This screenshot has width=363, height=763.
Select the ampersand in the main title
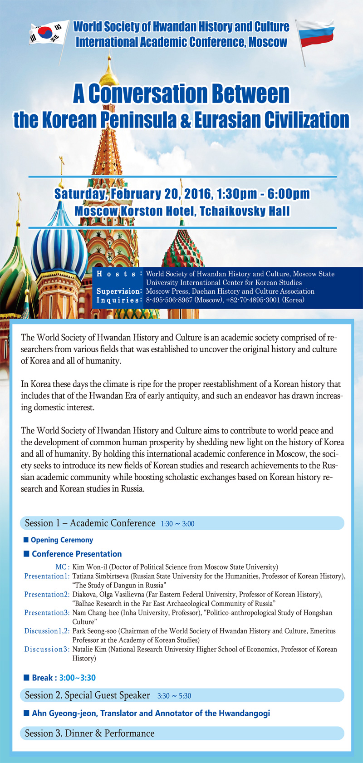click(187, 120)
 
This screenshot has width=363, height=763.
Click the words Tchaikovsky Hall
click(245, 211)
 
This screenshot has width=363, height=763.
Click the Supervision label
click(119, 291)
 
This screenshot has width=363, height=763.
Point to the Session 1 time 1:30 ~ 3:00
click(177, 524)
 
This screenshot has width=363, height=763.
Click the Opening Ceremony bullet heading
click(62, 540)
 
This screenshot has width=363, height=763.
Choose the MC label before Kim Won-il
click(62, 567)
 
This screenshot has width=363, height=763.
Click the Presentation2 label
click(47, 594)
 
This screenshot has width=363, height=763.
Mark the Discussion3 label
click(47, 649)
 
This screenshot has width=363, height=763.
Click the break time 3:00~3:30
click(77, 678)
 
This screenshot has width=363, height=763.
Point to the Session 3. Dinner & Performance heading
click(89, 733)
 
